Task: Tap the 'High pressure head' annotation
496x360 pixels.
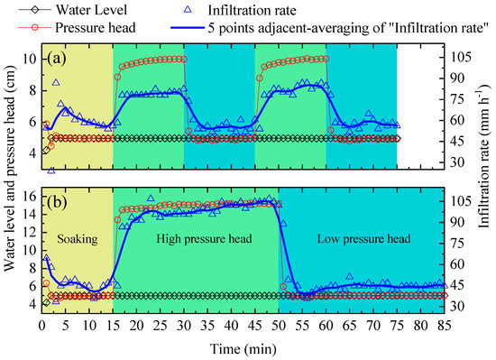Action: click(196, 240)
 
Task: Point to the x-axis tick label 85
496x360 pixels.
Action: click(444, 326)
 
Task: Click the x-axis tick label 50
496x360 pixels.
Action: click(279, 326)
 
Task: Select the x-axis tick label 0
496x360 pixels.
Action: click(42, 326)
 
